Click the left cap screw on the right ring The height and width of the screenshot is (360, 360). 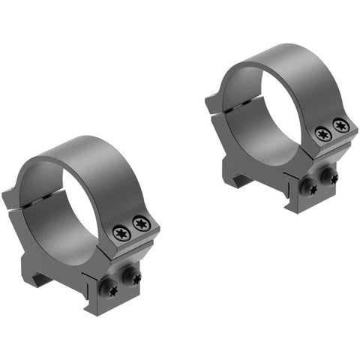tap(323, 134)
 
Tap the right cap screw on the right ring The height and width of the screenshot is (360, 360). tap(340, 125)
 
